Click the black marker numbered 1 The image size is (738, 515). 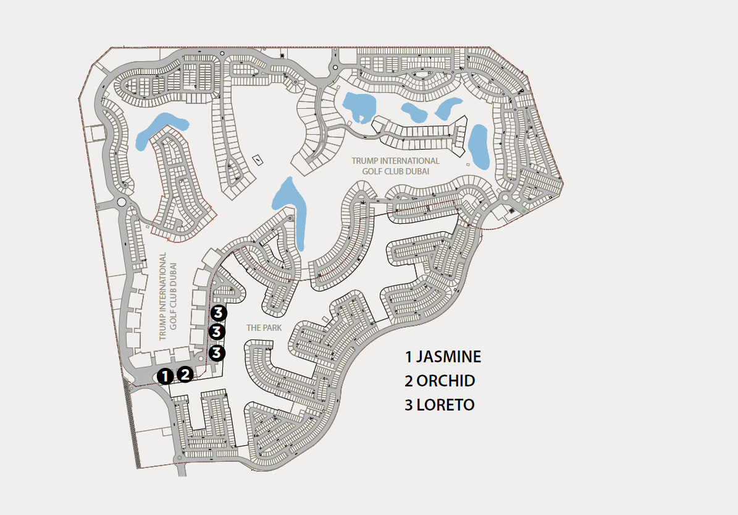click(x=165, y=375)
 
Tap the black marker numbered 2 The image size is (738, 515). click(x=185, y=374)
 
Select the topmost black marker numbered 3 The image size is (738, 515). click(x=217, y=312)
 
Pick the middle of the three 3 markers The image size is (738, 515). click(x=217, y=332)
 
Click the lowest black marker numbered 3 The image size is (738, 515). click(x=217, y=353)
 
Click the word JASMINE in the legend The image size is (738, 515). click(x=448, y=357)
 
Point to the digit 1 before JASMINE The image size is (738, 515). click(x=409, y=357)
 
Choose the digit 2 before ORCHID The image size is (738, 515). click(x=409, y=381)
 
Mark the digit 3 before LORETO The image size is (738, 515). click(x=409, y=405)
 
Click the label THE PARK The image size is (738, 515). click(x=264, y=328)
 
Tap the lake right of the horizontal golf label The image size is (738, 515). click(x=478, y=145)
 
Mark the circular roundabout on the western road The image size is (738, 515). click(x=121, y=202)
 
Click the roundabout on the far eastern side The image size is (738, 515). click(x=505, y=198)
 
